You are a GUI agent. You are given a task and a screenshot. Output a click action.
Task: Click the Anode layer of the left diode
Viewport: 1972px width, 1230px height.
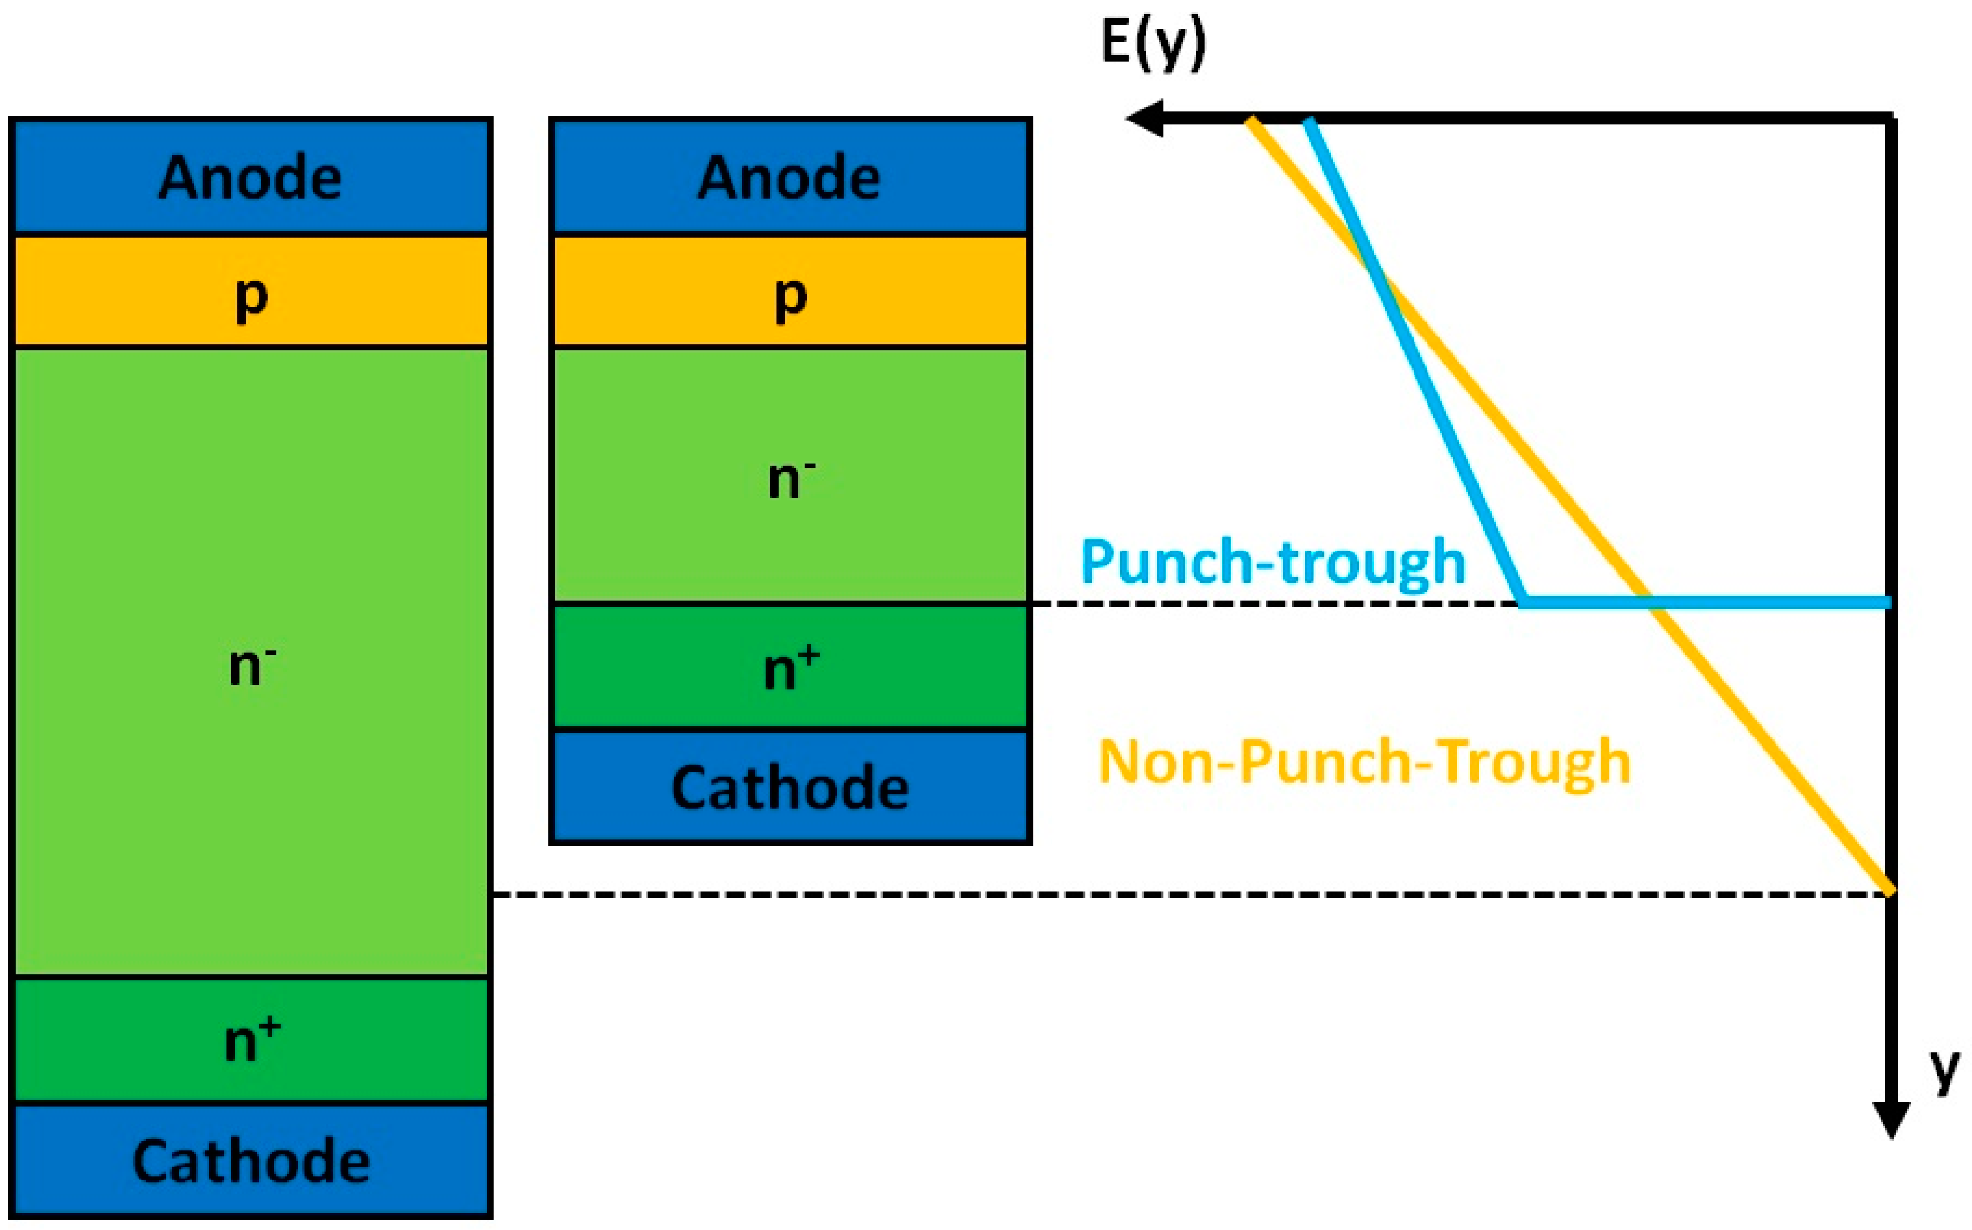250,177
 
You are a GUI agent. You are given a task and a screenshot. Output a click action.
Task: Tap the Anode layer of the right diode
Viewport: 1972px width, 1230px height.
790,177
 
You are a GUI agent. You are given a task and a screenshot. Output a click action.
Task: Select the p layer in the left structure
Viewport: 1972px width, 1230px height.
250,293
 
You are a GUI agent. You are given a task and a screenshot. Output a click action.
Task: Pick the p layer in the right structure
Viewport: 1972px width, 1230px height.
790,293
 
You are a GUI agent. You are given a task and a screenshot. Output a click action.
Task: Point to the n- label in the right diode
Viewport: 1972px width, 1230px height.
790,479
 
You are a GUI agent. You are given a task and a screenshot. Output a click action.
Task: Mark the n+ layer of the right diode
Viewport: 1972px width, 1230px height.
790,667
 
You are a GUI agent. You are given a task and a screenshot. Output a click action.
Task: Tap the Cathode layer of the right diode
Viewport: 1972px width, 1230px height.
790,786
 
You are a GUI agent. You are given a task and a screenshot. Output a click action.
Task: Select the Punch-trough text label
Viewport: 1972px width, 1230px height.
1272,562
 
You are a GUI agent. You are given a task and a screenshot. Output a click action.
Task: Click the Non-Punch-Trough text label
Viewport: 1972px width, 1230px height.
1364,762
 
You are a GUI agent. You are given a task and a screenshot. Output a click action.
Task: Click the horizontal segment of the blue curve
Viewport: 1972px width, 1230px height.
1709,603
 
